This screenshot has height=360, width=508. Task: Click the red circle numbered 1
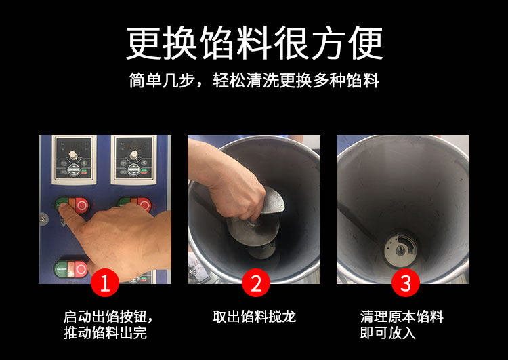click(x=105, y=283)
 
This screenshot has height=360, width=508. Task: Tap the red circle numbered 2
click(x=256, y=283)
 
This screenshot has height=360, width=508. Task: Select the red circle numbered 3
click(x=406, y=283)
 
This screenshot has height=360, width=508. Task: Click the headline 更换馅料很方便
click(x=254, y=43)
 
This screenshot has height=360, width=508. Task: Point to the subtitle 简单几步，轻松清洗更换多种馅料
click(x=254, y=81)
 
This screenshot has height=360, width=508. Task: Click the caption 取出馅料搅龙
click(x=254, y=317)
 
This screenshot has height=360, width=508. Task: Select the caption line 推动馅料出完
click(x=105, y=333)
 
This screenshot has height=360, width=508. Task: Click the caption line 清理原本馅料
click(x=402, y=317)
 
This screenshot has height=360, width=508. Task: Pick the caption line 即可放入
click(x=388, y=333)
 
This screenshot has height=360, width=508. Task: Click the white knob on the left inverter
click(x=73, y=155)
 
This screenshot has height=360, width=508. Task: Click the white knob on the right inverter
click(x=133, y=155)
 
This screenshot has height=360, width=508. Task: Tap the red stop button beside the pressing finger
click(x=81, y=205)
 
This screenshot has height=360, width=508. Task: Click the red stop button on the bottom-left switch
click(x=81, y=269)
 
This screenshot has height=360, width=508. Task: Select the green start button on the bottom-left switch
click(x=60, y=269)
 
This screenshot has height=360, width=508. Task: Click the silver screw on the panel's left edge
click(x=43, y=219)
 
